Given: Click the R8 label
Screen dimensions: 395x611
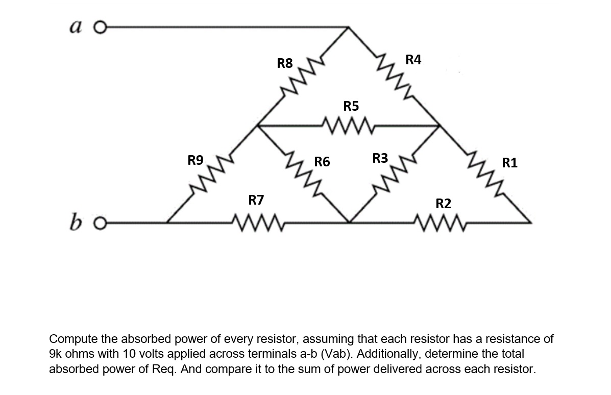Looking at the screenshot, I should (x=285, y=64).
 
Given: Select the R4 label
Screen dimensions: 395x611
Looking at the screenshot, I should (x=413, y=60).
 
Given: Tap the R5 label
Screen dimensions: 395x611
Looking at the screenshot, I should (x=351, y=106).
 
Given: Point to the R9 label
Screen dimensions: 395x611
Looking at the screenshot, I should (x=195, y=161).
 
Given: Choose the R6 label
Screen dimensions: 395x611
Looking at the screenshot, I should (x=322, y=163).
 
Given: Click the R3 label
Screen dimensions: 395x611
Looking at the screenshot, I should (x=380, y=158).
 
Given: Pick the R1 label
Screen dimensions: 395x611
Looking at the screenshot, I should (x=510, y=163).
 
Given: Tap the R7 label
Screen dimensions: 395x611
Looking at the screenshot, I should (x=256, y=200).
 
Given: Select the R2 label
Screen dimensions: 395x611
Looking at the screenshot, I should (x=444, y=204).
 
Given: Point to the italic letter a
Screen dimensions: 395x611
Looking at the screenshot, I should (x=80, y=25).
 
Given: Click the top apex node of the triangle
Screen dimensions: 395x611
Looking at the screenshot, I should (x=349, y=27).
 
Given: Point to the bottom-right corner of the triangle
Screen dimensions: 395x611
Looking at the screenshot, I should (x=531, y=223).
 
